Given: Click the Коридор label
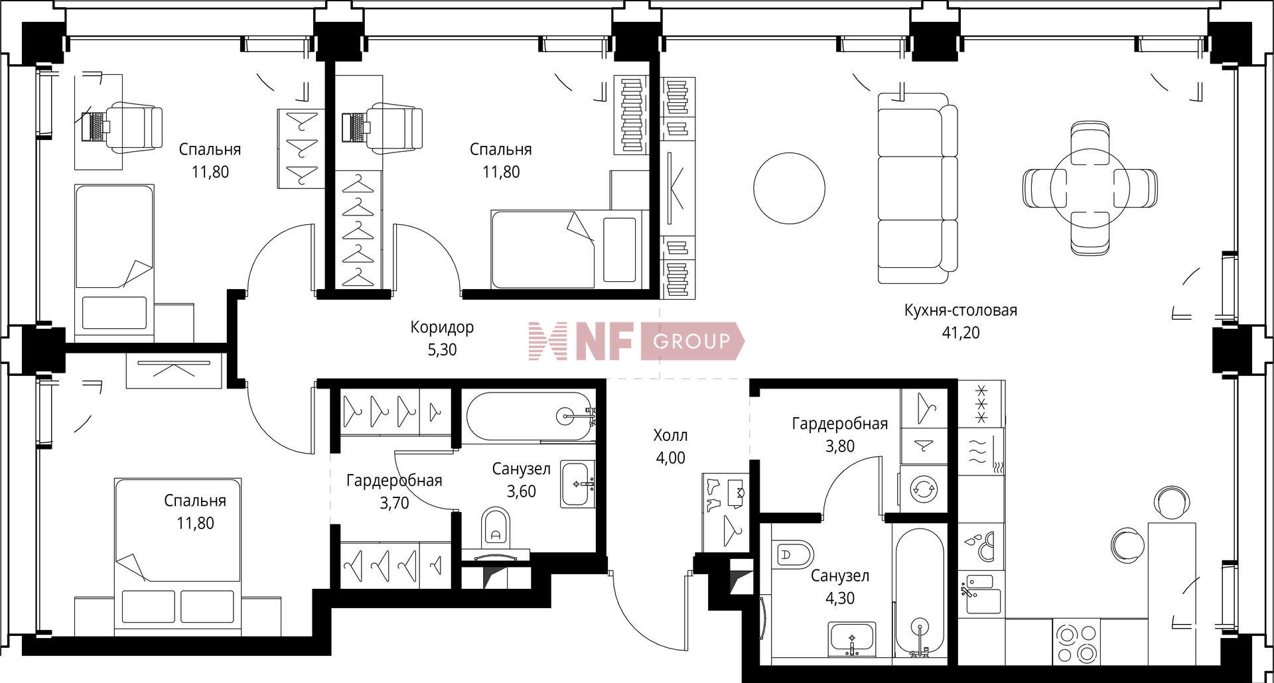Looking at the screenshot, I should point(442,327).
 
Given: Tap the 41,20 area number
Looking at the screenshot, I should point(960,333).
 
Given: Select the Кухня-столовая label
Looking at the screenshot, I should point(960,310).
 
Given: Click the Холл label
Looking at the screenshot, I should point(670,436).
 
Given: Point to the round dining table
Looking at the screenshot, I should point(1090,188).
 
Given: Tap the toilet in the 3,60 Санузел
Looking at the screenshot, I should point(495,527).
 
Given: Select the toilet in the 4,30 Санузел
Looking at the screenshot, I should point(794,554).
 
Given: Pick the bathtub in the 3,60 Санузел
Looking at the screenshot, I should point(528,416).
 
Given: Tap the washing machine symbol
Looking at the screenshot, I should point(923,489).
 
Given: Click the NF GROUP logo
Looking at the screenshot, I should point(636,341).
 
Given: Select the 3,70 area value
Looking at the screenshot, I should point(394,503).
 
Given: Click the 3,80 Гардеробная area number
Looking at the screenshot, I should point(839,446).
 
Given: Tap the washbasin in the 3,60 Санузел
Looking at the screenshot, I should point(577,484).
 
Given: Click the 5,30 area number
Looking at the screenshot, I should point(442,349).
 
